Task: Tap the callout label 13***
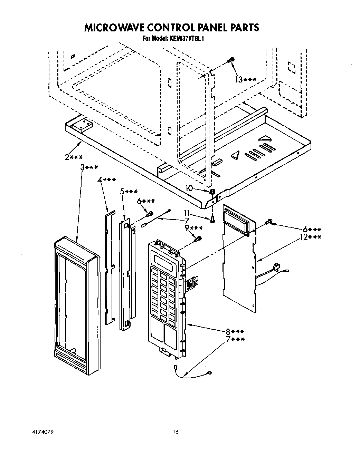coord(246,80)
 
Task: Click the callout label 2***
coord(73,157)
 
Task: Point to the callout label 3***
coord(89,167)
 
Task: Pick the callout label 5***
coord(129,192)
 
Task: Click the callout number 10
coord(189,188)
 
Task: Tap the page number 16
coord(176,432)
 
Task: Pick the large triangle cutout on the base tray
coord(236,156)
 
